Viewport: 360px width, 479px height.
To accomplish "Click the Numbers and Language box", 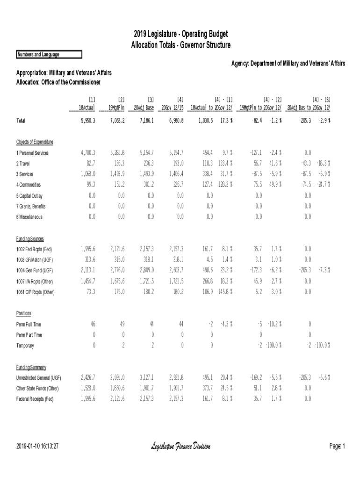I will [49, 55].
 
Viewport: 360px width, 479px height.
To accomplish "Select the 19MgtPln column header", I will [116, 107].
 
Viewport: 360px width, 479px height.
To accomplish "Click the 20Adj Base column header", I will [144, 107].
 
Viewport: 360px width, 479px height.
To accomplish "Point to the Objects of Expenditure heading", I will [35, 142].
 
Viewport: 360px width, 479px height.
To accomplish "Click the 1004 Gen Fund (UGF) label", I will [35, 270].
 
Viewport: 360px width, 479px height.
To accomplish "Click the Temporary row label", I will [25, 346].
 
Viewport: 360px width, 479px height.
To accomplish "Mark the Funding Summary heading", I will [31, 367].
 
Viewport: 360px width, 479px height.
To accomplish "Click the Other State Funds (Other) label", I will [37, 388].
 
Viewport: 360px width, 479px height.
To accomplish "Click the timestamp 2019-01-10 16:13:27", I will [37, 447].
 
